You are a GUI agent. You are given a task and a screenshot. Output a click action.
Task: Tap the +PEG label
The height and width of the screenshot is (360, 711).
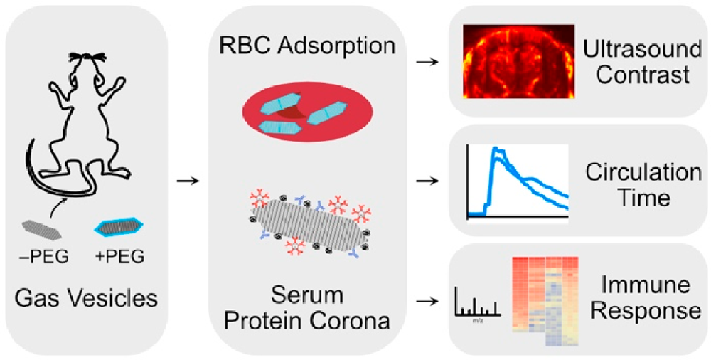pyautogui.click(x=119, y=258)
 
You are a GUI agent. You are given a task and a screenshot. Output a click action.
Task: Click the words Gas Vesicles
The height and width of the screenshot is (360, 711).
pyautogui.click(x=85, y=299)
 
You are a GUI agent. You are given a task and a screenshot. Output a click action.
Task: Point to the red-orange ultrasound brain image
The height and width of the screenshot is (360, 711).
pyautogui.click(x=518, y=62)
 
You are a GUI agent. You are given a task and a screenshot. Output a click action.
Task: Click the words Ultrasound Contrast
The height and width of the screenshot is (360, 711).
pyautogui.click(x=643, y=62)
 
